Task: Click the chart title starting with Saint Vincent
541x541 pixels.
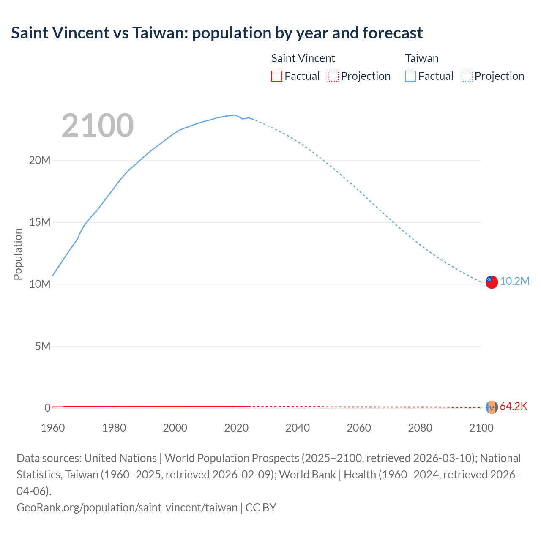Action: click(217, 33)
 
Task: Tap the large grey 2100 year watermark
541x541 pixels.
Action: click(98, 126)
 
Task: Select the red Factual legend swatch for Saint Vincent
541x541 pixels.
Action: click(277, 76)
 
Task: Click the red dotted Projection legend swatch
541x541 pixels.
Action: click(333, 76)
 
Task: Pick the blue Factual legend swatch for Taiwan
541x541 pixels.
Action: click(410, 76)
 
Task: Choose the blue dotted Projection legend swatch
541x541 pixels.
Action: click(467, 76)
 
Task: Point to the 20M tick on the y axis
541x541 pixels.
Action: click(40, 160)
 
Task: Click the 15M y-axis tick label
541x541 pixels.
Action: click(40, 222)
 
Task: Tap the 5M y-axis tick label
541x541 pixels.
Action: click(43, 346)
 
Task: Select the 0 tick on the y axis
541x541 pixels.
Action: click(47, 408)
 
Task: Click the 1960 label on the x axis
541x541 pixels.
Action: click(53, 428)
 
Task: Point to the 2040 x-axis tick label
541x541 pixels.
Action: click(298, 428)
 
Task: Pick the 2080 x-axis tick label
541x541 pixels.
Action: click(420, 428)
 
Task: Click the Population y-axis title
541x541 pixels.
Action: click(18, 254)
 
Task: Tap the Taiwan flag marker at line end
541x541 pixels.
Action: click(492, 282)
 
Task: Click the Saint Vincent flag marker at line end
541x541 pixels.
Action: click(492, 407)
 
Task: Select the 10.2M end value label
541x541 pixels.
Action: click(515, 281)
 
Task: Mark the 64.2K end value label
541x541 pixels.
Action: click(514, 407)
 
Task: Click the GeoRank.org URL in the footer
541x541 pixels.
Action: click(127, 507)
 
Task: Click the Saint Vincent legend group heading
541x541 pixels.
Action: click(303, 58)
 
